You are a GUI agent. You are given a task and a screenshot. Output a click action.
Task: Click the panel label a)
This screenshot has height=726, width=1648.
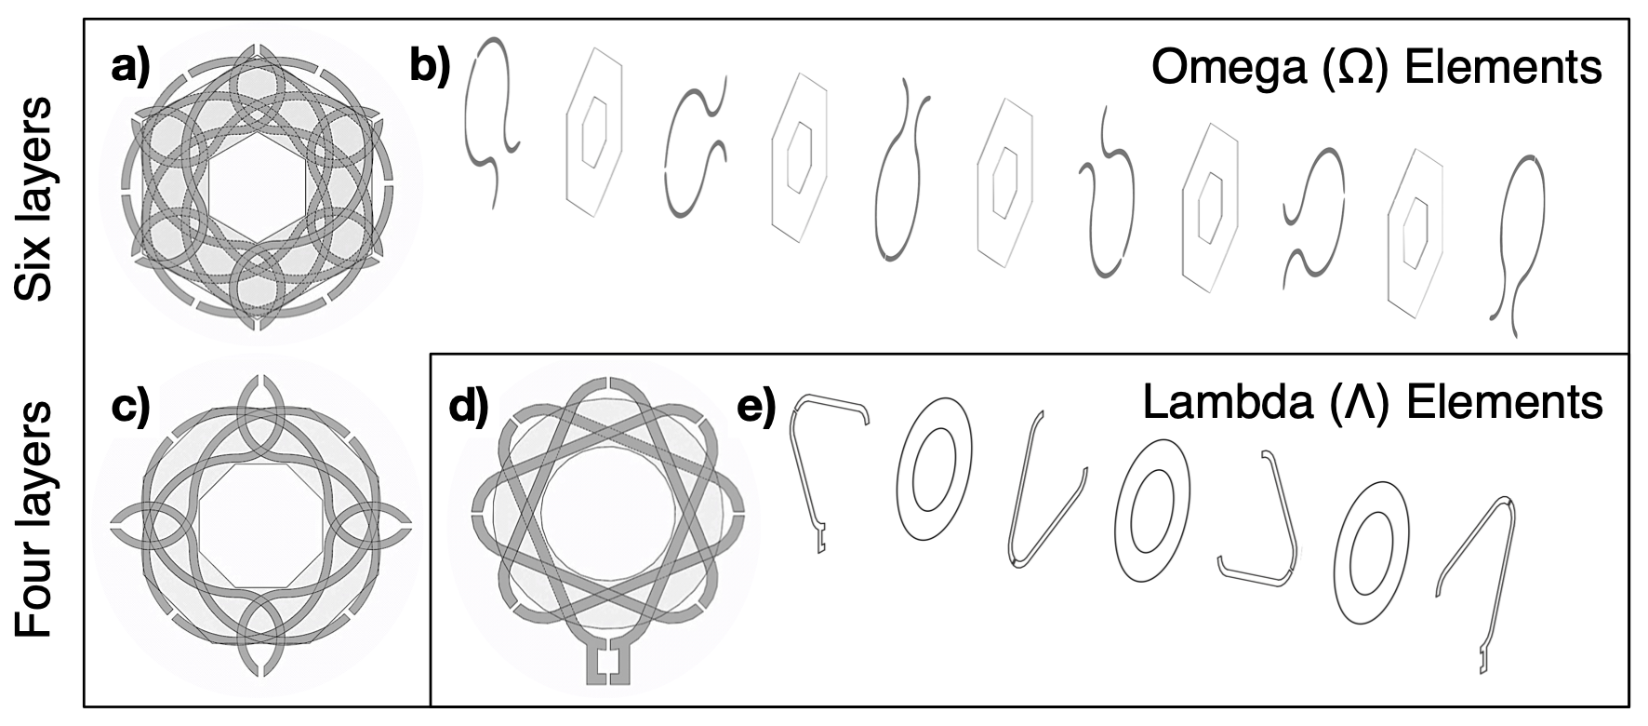click(130, 69)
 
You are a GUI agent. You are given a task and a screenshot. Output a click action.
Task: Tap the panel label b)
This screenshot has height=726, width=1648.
click(431, 67)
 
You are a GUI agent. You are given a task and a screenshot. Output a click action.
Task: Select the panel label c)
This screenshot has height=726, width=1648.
click(130, 409)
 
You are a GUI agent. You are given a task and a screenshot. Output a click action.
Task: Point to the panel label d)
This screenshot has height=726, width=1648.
click(469, 409)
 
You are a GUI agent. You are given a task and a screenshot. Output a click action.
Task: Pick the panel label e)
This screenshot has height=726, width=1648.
click(755, 409)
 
